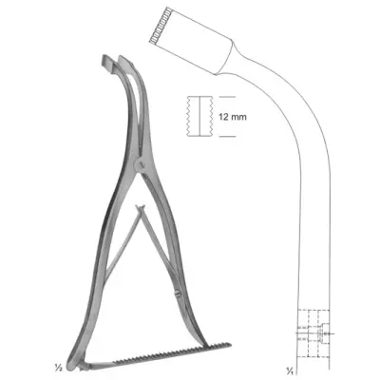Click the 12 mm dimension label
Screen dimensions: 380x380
232,117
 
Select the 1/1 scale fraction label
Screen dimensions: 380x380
289,370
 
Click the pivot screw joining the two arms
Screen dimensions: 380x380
140,164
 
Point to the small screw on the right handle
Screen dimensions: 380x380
178,293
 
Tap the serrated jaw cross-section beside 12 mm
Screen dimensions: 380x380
199,116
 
